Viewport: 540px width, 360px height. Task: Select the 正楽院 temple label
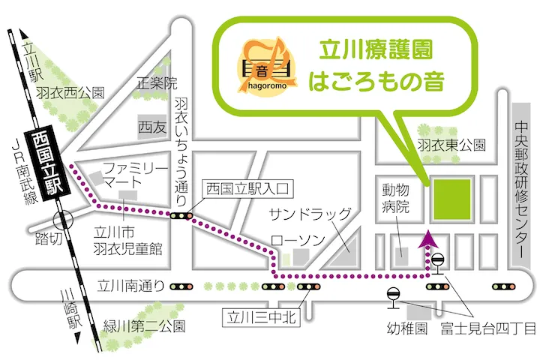tap(156, 82)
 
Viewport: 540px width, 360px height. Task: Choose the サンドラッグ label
tap(310, 214)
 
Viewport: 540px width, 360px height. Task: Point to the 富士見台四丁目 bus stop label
tap(488, 328)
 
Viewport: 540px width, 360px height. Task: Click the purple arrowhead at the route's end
tap(428, 238)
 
